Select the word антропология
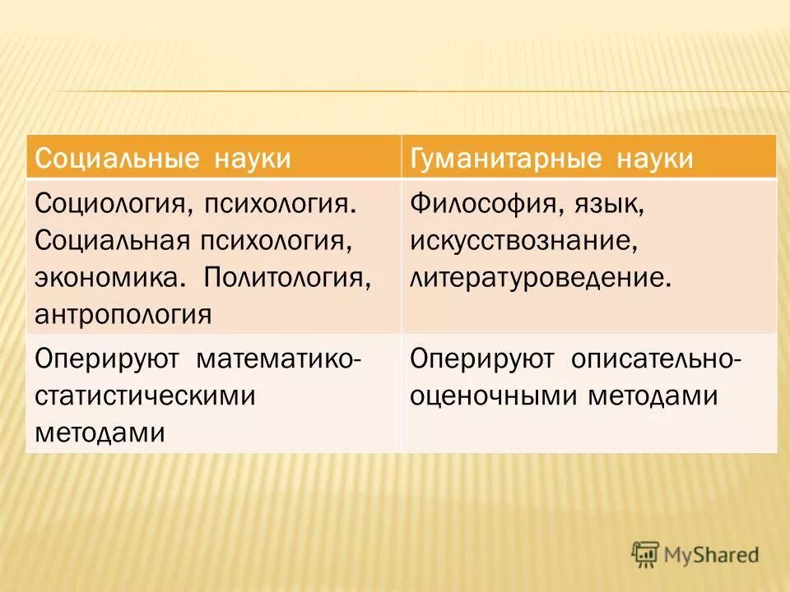(x=123, y=314)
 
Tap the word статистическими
(x=144, y=396)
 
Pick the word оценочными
(x=493, y=396)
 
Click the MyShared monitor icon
(x=646, y=555)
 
